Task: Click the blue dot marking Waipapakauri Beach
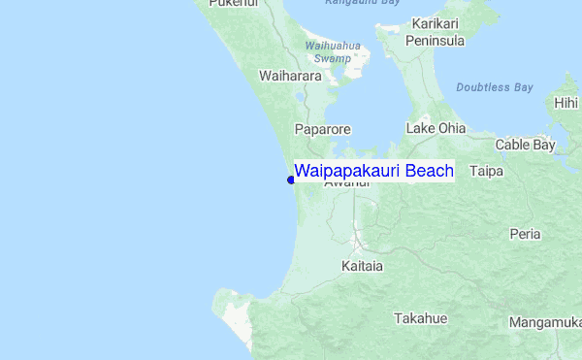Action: click(x=291, y=179)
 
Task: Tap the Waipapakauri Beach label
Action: click(x=373, y=171)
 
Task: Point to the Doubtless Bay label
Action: click(x=495, y=87)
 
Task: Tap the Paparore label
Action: click(x=323, y=128)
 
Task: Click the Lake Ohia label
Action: click(x=436, y=128)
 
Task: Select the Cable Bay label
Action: click(x=525, y=146)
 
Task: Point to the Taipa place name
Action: click(x=486, y=171)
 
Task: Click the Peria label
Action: click(x=526, y=234)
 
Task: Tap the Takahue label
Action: click(x=420, y=318)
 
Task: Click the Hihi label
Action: click(x=566, y=103)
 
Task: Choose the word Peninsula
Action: click(x=436, y=41)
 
